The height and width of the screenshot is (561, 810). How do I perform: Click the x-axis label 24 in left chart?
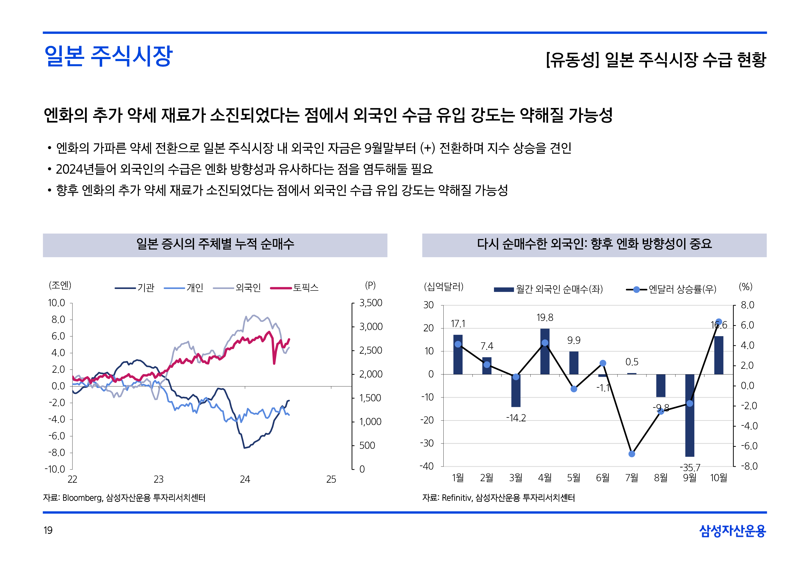pos(245,479)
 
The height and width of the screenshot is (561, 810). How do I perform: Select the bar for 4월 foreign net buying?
pos(545,352)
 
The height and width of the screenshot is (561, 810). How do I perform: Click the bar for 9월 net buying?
pos(690,415)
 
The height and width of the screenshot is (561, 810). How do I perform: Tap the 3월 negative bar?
pos(516,390)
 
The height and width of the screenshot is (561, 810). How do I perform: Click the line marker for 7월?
pos(632,454)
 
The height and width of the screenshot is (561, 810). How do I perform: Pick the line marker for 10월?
pos(719,322)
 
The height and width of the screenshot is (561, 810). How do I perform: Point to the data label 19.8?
pos(545,318)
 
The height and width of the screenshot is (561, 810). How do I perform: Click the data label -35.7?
pos(690,468)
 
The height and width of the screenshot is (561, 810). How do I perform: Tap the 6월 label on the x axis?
pos(603,478)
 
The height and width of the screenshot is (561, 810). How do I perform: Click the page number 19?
pos(48,530)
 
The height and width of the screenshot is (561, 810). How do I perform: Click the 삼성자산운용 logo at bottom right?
pos(732,531)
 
